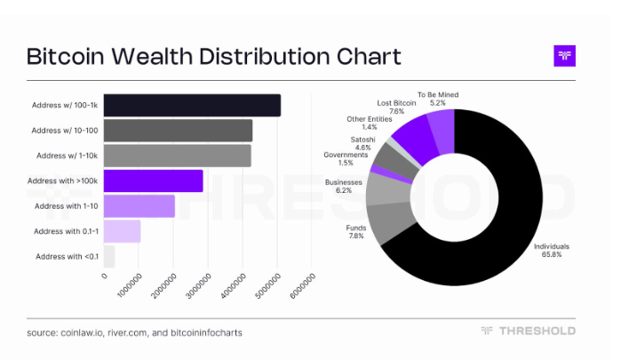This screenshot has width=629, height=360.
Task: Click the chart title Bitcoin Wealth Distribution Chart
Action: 213,57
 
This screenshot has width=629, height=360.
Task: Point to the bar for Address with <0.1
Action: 108,257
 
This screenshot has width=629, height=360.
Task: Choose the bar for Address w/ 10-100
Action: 178,131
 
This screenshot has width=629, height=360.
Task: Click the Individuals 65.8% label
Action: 551,250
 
